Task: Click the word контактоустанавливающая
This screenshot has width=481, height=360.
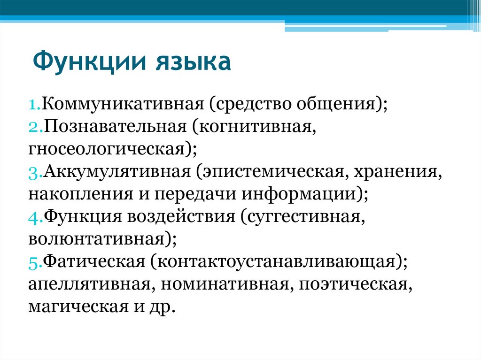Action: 272,261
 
